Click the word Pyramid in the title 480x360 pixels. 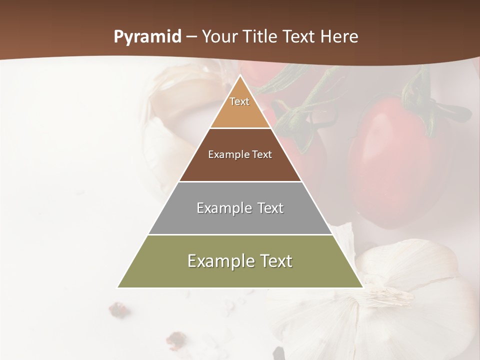[147, 37]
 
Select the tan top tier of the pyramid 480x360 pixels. [240, 112]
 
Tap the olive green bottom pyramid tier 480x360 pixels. [240, 272]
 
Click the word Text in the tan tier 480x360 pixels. [239, 101]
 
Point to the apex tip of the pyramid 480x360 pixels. [240, 76]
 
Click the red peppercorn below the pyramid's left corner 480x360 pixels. [119, 309]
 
